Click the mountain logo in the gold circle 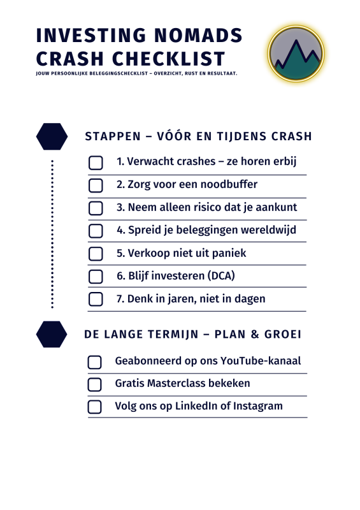click(296, 54)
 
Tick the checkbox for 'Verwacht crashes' click(96, 163)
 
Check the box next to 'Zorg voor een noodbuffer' click(96, 186)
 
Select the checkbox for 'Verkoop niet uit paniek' click(96, 254)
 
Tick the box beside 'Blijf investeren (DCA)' click(96, 277)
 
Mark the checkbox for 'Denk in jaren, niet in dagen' click(96, 299)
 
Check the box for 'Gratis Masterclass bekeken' click(94, 384)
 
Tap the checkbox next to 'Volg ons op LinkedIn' click(94, 407)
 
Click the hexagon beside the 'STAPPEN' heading click(52, 136)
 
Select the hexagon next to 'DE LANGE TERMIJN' click(52, 335)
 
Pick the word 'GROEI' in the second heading click(283, 335)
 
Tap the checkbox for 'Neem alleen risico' click(96, 208)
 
